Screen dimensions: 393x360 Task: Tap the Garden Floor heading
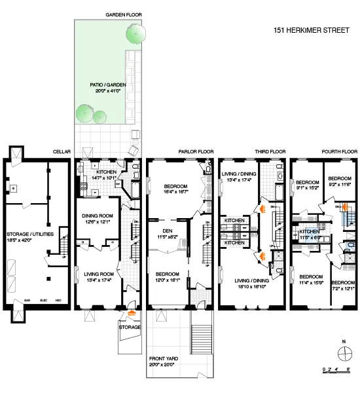point(124,14)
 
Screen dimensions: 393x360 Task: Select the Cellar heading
point(62,152)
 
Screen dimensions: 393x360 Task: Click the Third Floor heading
point(270,152)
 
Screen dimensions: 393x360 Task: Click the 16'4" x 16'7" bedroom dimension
point(175,192)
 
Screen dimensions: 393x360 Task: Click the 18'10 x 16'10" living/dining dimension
point(251,286)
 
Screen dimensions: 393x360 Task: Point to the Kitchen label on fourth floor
point(309,232)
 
